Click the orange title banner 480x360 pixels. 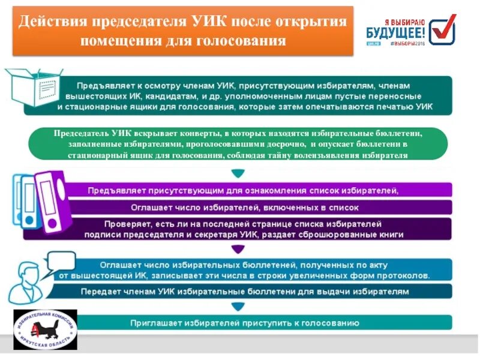182,31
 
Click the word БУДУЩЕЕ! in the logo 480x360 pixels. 396,33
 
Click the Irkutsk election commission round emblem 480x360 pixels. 46,331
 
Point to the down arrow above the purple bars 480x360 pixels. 238,174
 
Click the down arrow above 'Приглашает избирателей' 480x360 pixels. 238,307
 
